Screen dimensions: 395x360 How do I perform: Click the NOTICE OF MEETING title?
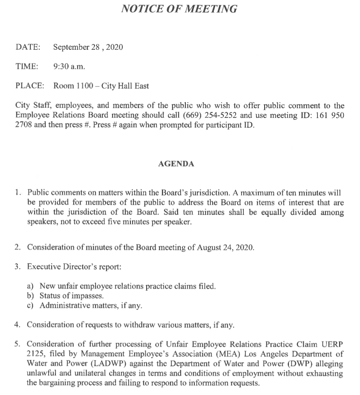(x=179, y=9)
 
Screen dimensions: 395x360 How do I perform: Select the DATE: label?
(x=28, y=47)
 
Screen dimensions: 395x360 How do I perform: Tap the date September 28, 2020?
(x=88, y=47)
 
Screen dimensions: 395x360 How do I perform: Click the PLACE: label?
(x=30, y=86)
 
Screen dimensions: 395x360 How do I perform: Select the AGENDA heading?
(x=176, y=164)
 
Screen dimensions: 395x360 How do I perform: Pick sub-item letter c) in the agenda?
(x=30, y=305)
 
